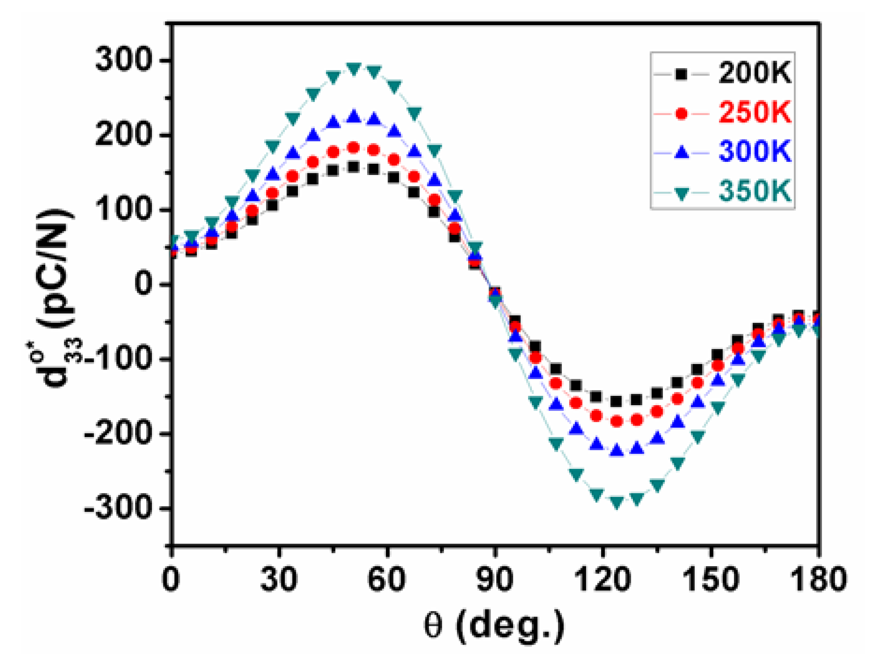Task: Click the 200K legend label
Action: coord(754,74)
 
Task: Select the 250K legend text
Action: coord(754,112)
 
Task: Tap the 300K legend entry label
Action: coord(754,151)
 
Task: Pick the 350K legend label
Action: coord(754,190)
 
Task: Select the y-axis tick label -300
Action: coord(118,509)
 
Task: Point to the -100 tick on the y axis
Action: coord(118,360)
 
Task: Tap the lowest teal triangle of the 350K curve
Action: coord(617,502)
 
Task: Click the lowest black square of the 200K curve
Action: coord(617,402)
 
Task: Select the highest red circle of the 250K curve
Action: coord(354,148)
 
